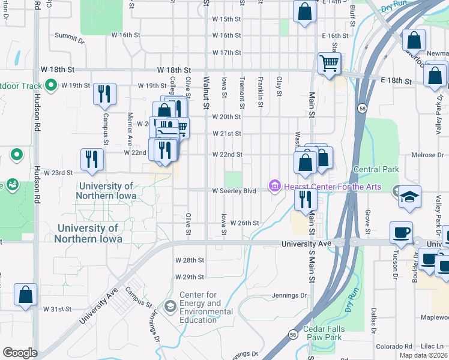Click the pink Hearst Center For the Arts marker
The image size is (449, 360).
275,187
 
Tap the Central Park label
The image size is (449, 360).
376,170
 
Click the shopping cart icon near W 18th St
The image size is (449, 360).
329,62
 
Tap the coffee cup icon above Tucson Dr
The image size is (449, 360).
401,232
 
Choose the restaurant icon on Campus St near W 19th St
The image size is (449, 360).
104,94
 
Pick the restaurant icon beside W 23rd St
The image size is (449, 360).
92,159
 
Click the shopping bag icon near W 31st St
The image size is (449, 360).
25,295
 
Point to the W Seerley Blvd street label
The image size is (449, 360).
234,191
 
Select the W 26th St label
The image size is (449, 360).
244,223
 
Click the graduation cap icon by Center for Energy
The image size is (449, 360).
170,307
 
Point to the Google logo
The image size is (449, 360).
20,353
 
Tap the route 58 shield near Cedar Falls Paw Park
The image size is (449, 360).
292,334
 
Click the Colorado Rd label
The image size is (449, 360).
394,346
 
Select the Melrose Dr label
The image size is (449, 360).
427,155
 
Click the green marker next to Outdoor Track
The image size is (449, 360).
51,86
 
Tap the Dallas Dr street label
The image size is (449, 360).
373,321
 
